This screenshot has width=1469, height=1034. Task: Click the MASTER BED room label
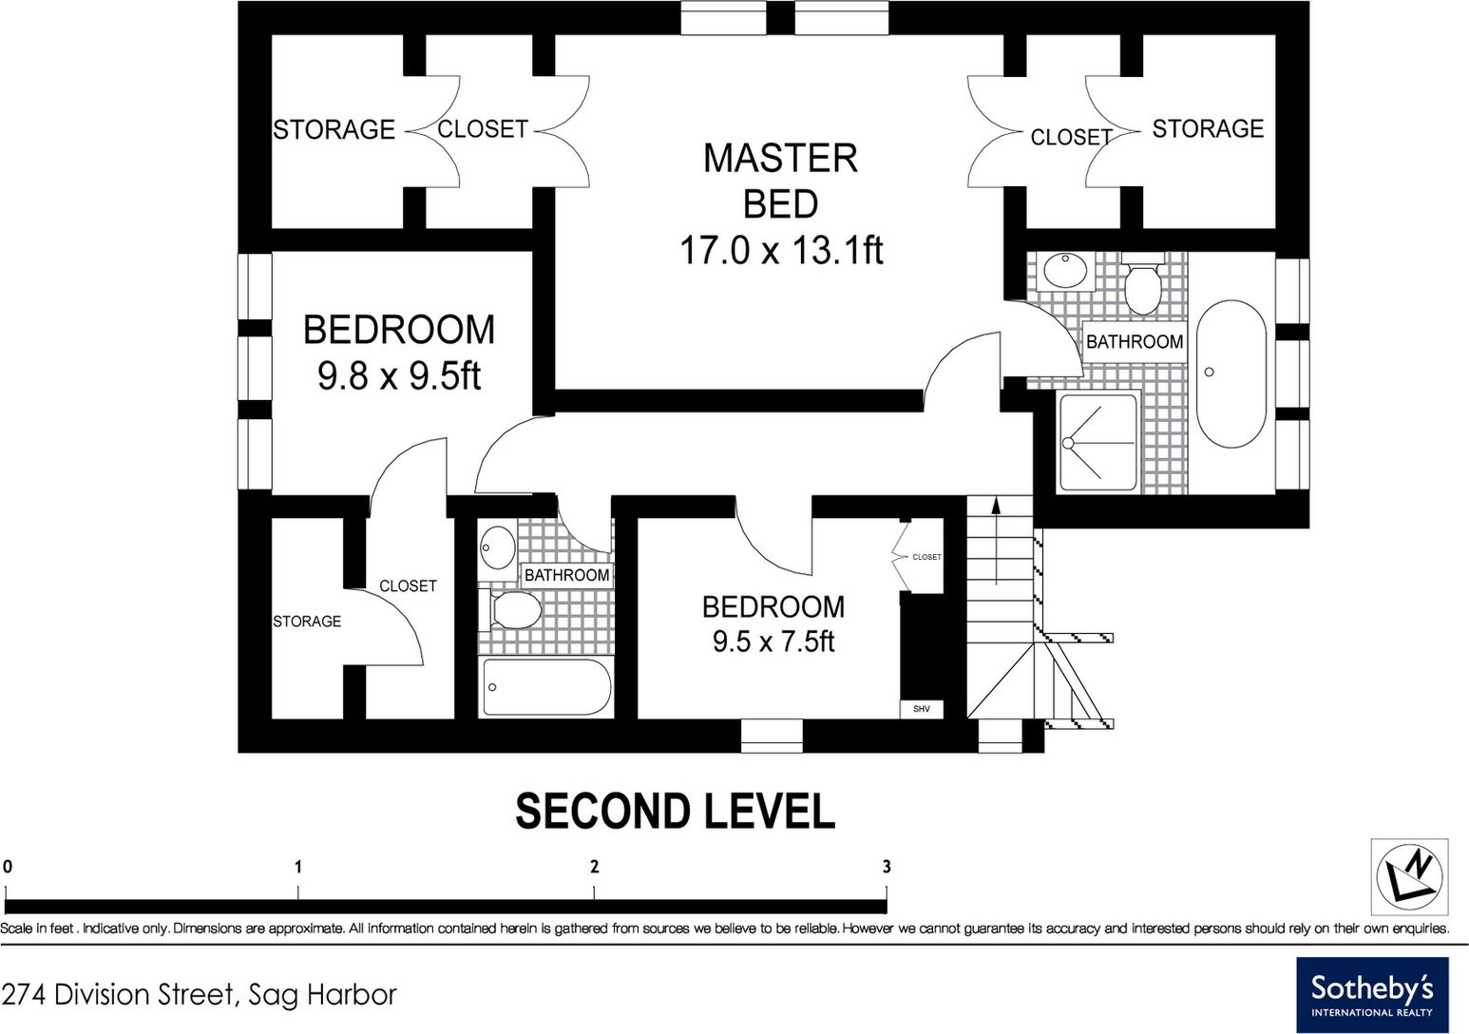pos(780,181)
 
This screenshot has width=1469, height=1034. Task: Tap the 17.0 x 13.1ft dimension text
pos(781,250)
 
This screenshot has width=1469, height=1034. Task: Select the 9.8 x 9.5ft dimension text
pos(399,376)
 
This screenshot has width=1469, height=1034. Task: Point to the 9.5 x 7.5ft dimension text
pos(773,641)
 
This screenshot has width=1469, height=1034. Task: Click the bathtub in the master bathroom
pos(1231,374)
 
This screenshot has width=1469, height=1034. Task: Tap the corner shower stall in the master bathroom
pos(1097,442)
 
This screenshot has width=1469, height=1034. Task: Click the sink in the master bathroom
pos(1065,270)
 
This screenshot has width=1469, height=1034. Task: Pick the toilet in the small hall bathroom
pos(510,609)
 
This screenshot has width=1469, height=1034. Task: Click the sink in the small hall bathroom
pos(498,547)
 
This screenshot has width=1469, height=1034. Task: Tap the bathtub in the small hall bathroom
pos(546,687)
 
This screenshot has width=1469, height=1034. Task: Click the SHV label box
pos(922,709)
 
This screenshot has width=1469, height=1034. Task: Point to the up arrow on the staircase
pos(996,541)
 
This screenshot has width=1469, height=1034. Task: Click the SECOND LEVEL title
pos(676,812)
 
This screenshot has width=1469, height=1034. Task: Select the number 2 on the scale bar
pos(594,867)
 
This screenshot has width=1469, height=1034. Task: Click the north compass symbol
pos(1409,876)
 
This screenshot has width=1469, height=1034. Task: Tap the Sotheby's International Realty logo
pos(1372,995)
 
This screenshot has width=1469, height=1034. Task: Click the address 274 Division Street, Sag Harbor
pos(199,995)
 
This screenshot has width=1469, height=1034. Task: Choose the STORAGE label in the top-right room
pos(1208,128)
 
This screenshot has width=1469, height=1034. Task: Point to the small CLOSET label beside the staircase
pos(926,557)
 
